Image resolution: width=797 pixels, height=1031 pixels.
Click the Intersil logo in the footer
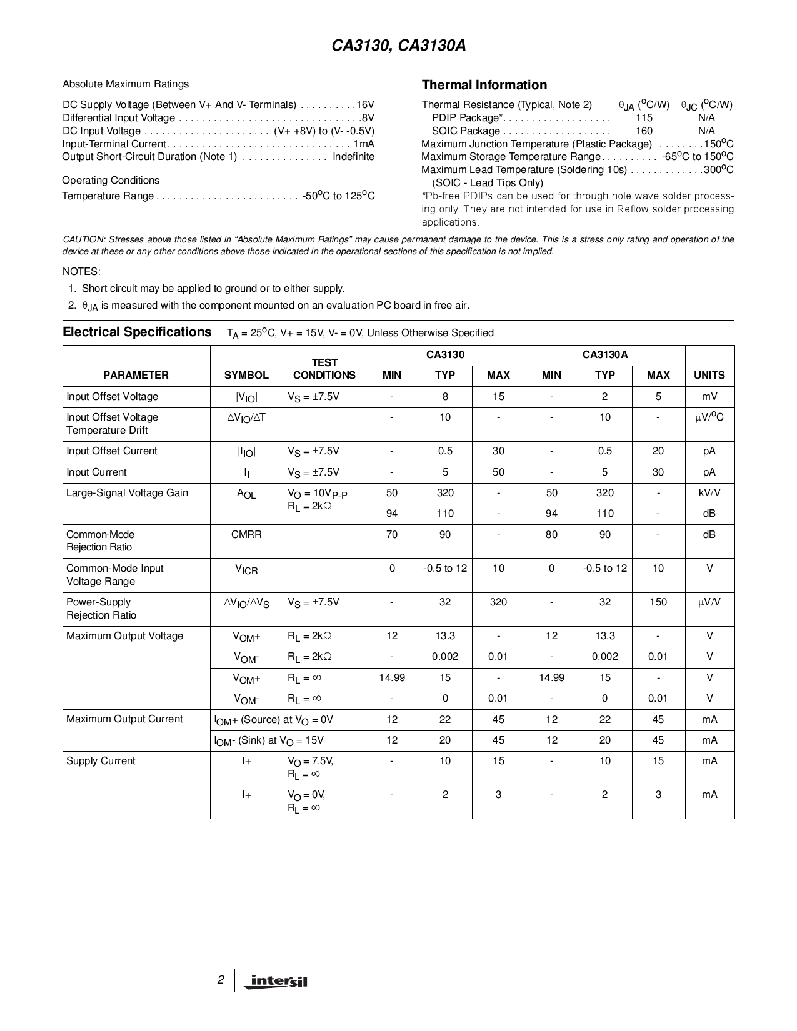(278, 981)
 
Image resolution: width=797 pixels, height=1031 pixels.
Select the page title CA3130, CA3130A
(398, 47)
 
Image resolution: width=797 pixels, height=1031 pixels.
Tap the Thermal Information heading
(484, 85)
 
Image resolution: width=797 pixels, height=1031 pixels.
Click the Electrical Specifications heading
(137, 332)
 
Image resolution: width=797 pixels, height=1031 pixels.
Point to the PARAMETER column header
(136, 375)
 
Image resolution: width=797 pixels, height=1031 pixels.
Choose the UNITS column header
(709, 375)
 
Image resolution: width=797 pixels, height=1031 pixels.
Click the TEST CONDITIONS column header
(324, 369)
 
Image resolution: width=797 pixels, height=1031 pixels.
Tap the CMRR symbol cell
(246, 535)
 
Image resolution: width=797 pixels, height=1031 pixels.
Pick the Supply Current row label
(101, 761)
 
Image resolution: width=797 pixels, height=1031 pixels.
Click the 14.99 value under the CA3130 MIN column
(392, 678)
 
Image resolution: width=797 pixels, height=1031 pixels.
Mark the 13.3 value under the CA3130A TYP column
(604, 636)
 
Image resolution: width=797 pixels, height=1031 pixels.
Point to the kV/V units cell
(709, 493)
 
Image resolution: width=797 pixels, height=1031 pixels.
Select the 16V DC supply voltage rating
(365, 105)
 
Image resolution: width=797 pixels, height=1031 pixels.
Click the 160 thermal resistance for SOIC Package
(644, 131)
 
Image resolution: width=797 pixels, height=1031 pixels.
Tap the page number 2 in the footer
(221, 980)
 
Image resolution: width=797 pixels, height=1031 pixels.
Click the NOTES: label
(81, 272)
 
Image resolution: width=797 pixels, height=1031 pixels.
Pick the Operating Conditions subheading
(111, 181)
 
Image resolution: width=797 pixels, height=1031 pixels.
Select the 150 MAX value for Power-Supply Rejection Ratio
(658, 602)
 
